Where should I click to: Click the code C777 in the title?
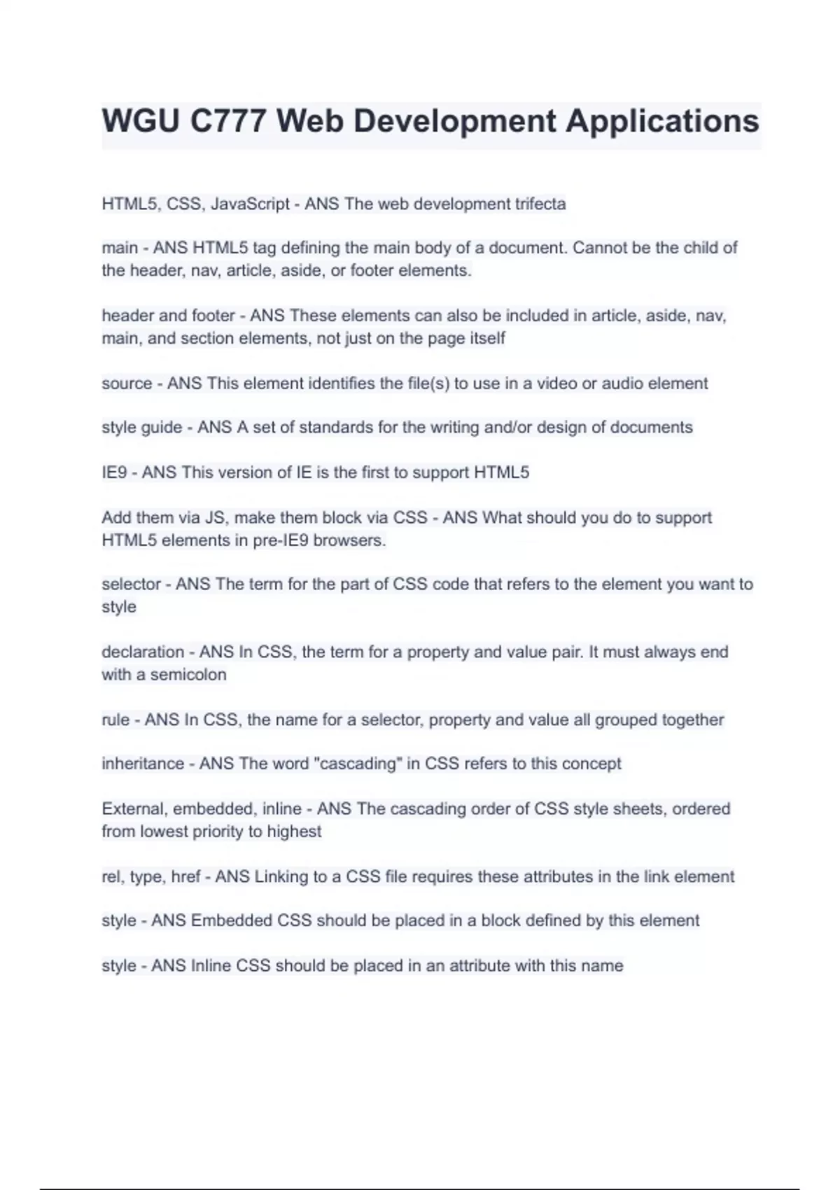227,121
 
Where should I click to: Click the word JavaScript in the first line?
250,204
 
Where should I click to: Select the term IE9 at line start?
114,472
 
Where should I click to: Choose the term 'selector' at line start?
131,584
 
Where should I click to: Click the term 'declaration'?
143,652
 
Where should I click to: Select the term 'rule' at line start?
115,720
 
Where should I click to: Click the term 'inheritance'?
143,764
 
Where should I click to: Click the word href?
185,876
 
